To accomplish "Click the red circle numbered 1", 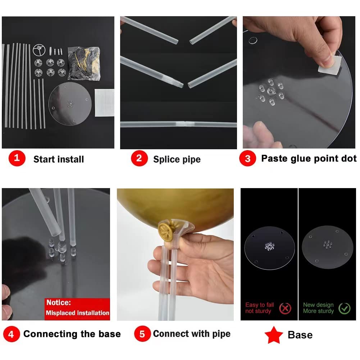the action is pos(17,158).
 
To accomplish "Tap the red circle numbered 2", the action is pos(139,158).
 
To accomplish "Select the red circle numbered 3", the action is pos(247,158).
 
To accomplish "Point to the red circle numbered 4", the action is pos(11,334).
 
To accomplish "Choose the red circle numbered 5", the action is pos(142,334).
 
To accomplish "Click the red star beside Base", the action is pos(274,335).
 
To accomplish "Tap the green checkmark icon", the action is pos(345,308).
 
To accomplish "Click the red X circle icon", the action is pos(285,308).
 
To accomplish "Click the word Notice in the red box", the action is pos(59,302).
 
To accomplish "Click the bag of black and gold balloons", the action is pos(84,63).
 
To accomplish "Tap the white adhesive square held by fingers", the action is pos(330,65).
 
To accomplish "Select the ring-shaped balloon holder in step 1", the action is pos(39,50).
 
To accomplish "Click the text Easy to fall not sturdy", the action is pos(259,308).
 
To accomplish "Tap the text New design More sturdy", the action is pos(318,308).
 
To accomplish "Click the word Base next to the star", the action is pos(300,335).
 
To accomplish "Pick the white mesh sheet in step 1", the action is pos(104,102).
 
